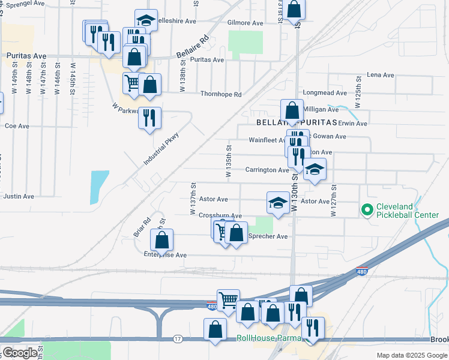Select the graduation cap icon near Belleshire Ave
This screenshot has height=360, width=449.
pyautogui.click(x=146, y=20)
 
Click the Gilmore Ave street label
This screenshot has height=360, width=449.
pyautogui.click(x=246, y=23)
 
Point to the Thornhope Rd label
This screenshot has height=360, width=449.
pyautogui.click(x=221, y=94)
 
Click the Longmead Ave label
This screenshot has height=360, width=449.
pyautogui.click(x=325, y=93)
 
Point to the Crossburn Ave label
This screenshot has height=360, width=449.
pyautogui.click(x=220, y=215)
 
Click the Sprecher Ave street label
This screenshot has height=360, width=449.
pyautogui.click(x=268, y=236)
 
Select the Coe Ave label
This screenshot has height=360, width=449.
pyautogui.click(x=17, y=126)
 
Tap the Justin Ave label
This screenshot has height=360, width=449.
pyautogui.click(x=16, y=196)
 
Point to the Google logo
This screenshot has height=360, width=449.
pyautogui.click(x=19, y=353)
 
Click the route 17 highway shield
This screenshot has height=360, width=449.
pyautogui.click(x=178, y=339)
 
